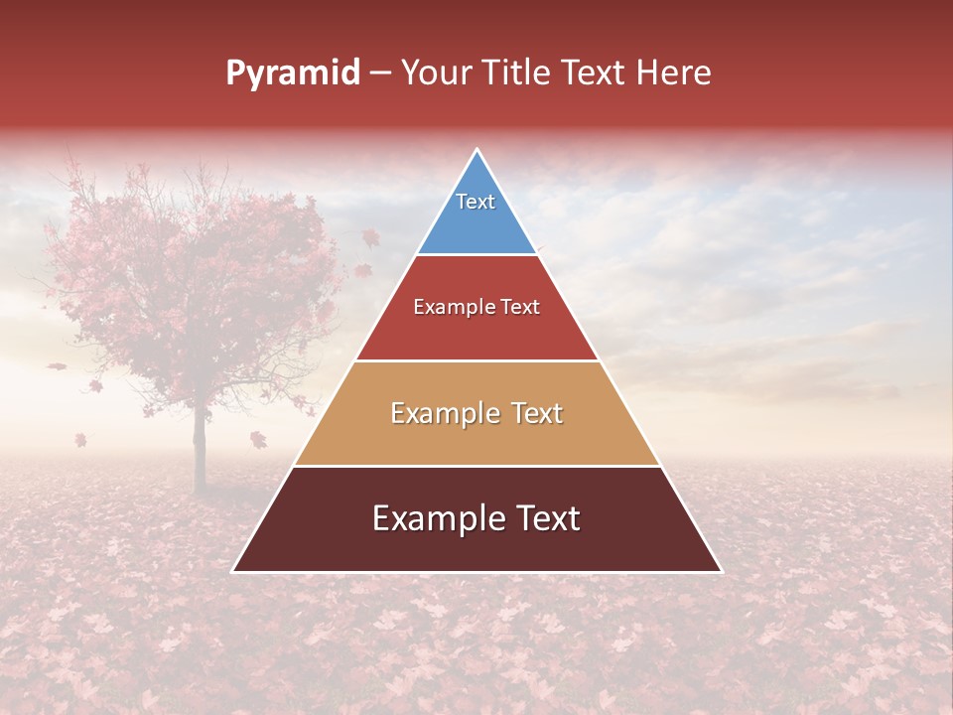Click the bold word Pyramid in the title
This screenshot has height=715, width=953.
[292, 73]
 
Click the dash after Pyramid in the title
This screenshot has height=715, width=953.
[379, 73]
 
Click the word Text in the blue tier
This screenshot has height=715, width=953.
[476, 202]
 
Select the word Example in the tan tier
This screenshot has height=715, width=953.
[445, 413]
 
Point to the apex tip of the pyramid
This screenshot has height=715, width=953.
[477, 150]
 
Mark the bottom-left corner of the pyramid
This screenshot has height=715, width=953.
[233, 571]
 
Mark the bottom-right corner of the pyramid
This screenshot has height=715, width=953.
[721, 571]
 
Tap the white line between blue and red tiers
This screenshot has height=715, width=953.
[476, 254]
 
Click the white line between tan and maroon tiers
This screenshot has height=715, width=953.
[476, 466]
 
